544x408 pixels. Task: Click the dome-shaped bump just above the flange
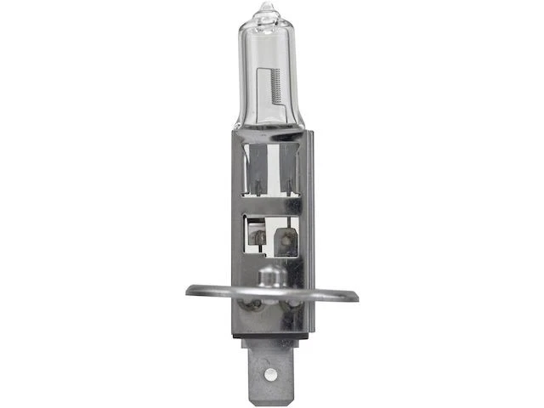(269, 276)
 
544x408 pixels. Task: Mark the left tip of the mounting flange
(190, 291)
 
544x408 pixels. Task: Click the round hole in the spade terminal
(270, 375)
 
